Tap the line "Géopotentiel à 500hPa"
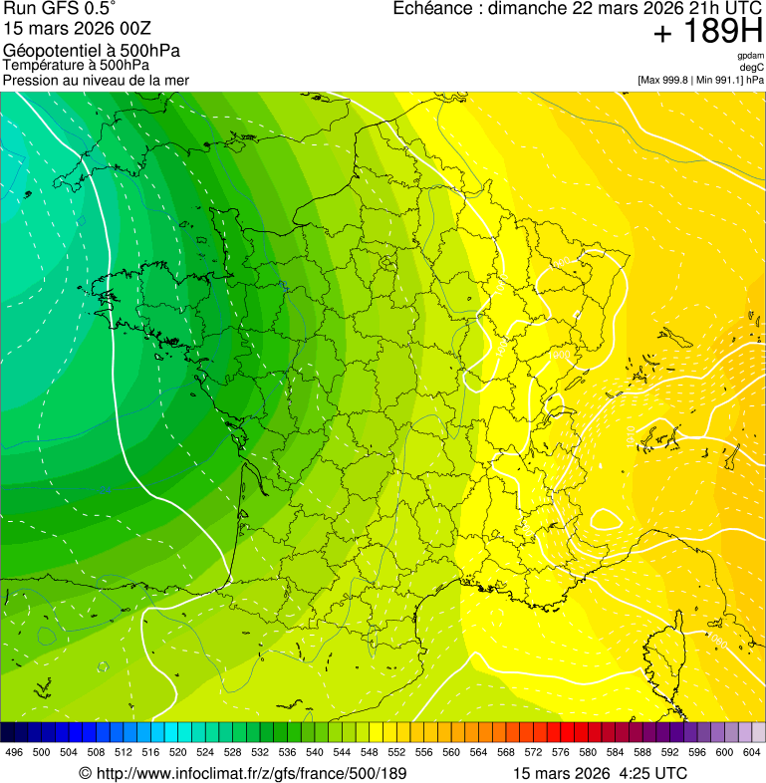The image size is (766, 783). [92, 50]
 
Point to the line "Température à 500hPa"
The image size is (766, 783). [77, 65]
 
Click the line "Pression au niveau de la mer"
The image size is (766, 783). [96, 80]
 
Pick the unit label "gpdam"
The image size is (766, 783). [750, 56]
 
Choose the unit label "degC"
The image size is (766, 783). [752, 68]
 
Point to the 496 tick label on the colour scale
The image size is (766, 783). [14, 752]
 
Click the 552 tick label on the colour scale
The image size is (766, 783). [395, 752]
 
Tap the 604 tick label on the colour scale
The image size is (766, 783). [751, 752]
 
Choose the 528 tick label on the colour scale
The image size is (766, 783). [232, 752]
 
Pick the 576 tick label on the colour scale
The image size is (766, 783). [560, 752]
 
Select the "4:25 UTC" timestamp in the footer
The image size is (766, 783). [653, 773]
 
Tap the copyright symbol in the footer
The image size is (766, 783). [85, 773]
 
